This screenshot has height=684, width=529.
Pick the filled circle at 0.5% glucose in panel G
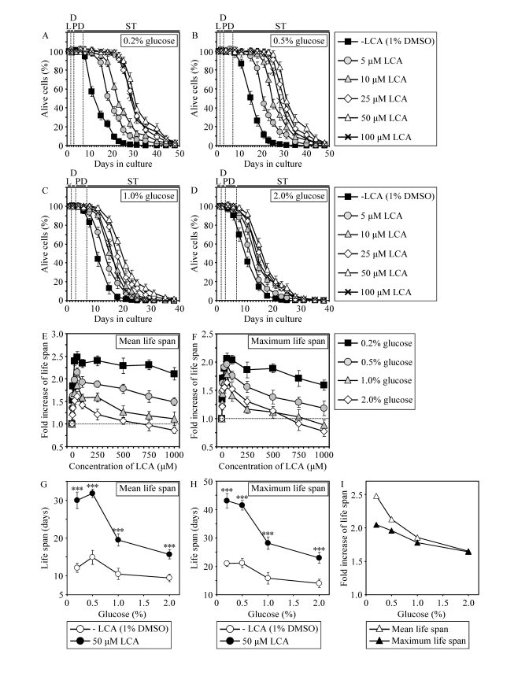pos(93,494)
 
